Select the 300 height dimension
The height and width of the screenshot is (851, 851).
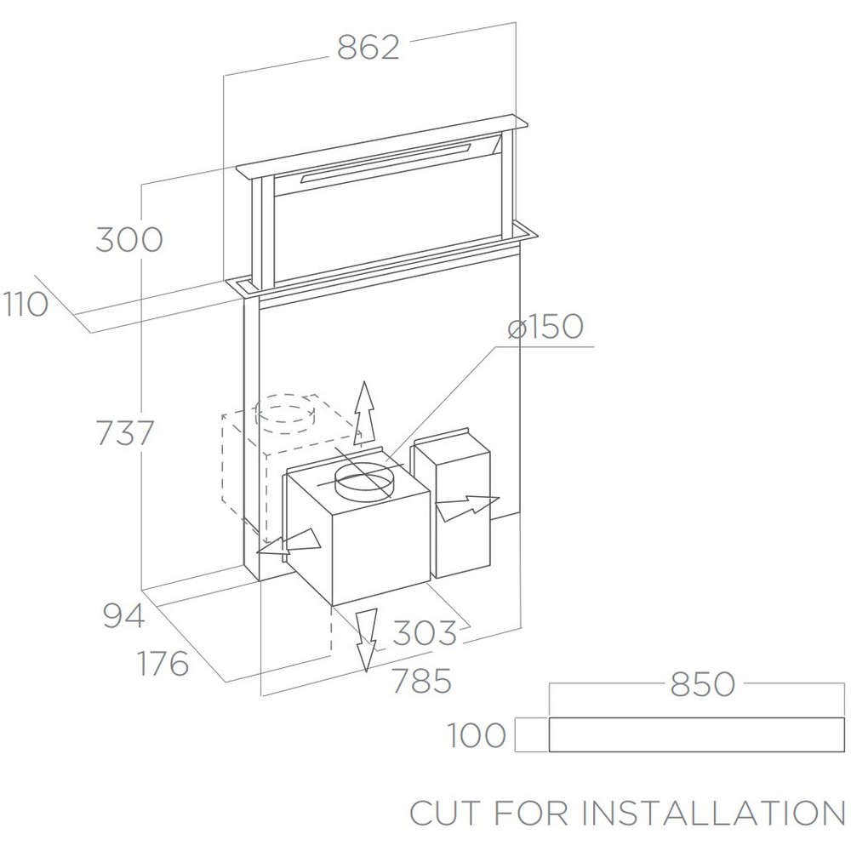pyautogui.click(x=129, y=239)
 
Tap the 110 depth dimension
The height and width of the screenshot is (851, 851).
pyautogui.click(x=26, y=304)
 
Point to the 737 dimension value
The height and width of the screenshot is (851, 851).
pyautogui.click(x=125, y=433)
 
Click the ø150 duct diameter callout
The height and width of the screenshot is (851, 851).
pyautogui.click(x=545, y=327)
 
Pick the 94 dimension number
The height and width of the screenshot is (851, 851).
pyautogui.click(x=123, y=615)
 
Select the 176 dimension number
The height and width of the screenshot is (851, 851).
pyautogui.click(x=163, y=663)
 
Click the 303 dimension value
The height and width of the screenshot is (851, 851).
pyautogui.click(x=425, y=633)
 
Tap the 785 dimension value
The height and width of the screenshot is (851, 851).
pyautogui.click(x=422, y=681)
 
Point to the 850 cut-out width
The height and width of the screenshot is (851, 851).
pyautogui.click(x=703, y=684)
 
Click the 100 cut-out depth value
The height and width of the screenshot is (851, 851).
pyautogui.click(x=477, y=735)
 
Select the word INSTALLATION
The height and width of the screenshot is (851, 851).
pyautogui.click(x=712, y=813)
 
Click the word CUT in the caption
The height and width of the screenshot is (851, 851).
pyautogui.click(x=445, y=813)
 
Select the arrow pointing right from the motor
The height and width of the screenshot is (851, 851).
pyautogui.click(x=467, y=508)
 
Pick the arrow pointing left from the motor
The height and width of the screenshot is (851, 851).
pyautogui.click(x=288, y=543)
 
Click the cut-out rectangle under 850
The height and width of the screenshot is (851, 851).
pyautogui.click(x=697, y=735)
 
